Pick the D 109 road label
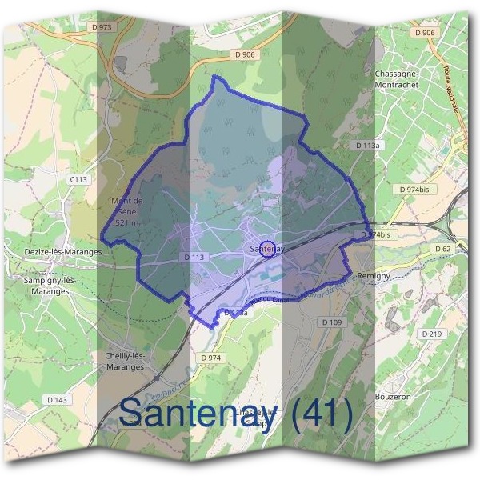coord(332,322)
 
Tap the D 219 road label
coord(430,334)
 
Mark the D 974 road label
coord(210,357)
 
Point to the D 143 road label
coord(57,398)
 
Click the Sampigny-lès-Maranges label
coord(49,286)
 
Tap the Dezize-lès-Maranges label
coord(63,251)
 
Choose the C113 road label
coord(78,179)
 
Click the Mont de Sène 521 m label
coord(127,211)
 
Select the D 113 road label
coord(194,258)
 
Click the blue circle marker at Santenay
coord(268,248)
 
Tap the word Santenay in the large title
coord(199,414)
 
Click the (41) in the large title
coord(321,414)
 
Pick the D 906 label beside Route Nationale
coord(425,32)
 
